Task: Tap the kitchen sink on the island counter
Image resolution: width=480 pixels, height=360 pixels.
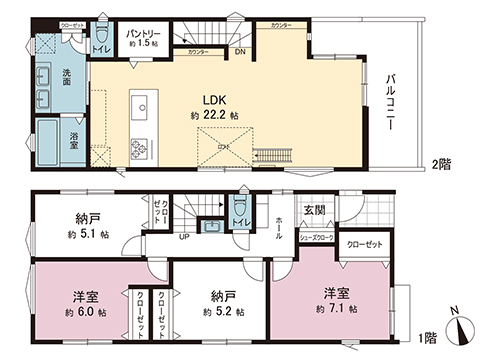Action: click(141, 107)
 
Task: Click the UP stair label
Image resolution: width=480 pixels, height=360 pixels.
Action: click(184, 238)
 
